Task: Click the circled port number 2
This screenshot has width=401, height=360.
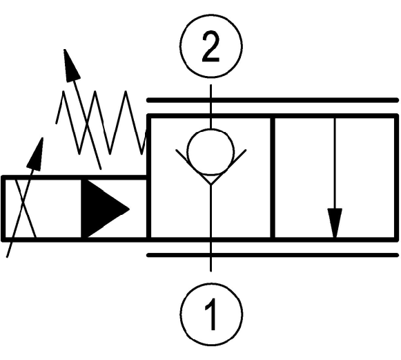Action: [x=211, y=46]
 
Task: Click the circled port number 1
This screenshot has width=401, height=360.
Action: [x=211, y=314]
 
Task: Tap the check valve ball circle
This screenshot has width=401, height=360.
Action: [x=211, y=153]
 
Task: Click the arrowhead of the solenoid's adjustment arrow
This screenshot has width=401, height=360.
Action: [x=36, y=154]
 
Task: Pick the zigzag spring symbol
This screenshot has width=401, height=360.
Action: [x=101, y=122]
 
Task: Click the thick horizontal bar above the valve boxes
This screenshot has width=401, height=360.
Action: [x=273, y=100]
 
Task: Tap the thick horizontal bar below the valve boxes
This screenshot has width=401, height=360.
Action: [x=273, y=255]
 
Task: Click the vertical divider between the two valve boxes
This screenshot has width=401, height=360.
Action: [x=273, y=178]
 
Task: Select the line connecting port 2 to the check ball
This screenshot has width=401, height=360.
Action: [x=211, y=107]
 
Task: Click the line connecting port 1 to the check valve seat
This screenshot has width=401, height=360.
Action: [x=211, y=227]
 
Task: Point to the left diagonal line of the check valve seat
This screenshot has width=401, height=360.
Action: [x=193, y=167]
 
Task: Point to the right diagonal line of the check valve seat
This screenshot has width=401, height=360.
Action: [x=228, y=167]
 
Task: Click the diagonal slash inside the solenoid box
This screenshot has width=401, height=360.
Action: [x=26, y=209]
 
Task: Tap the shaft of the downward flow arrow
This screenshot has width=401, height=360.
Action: [x=335, y=163]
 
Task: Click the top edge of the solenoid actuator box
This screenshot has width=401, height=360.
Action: [x=74, y=178]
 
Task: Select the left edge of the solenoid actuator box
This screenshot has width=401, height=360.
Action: [x=3, y=209]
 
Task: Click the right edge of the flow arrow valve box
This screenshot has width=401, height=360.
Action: [x=396, y=178]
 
